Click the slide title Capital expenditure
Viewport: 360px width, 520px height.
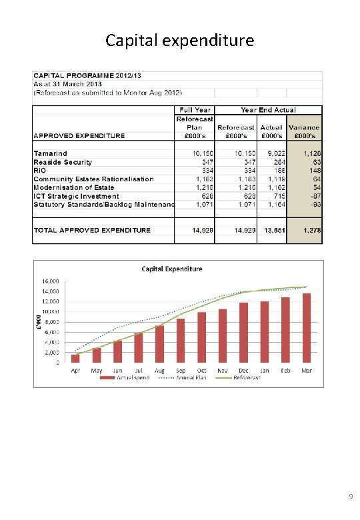[179, 41]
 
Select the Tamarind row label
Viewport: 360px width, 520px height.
[51, 153]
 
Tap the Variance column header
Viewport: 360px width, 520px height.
[303, 131]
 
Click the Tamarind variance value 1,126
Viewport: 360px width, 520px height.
[311, 153]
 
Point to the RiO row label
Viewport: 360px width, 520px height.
[41, 171]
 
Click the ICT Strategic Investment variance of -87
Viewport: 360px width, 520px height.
[314, 196]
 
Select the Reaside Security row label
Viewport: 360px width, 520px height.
[63, 162]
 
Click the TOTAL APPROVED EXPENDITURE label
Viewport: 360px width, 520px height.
[92, 230]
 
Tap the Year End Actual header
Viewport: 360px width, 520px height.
[269, 110]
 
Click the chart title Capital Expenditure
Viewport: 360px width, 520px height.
[172, 269]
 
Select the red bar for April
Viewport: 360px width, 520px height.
[75, 358]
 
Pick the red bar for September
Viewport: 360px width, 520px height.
[181, 341]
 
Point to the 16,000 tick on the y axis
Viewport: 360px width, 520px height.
[51, 281]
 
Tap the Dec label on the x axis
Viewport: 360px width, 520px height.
[244, 370]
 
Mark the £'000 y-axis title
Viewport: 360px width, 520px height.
[38, 321]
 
